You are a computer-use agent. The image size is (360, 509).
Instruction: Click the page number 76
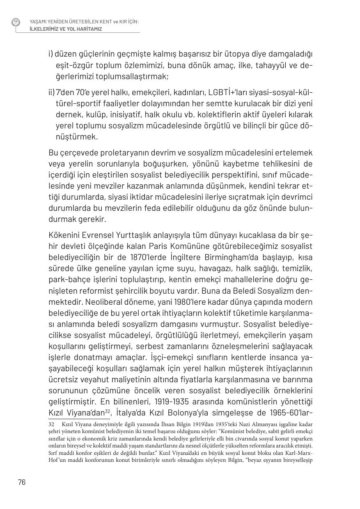(x=21, y=482)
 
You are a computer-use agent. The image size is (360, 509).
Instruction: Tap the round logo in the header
(x=16, y=22)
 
